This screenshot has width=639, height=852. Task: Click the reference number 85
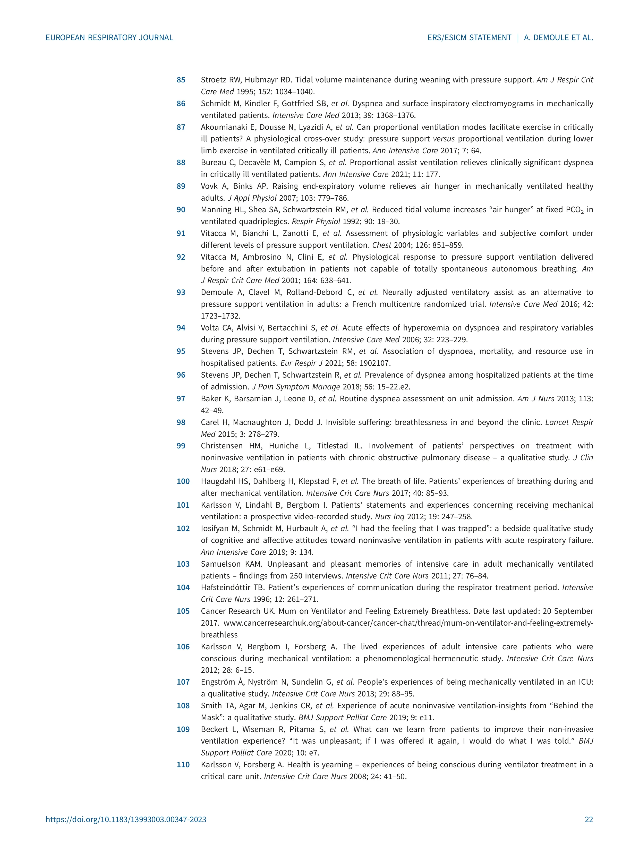point(181,80)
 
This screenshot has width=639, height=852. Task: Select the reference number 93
point(181,292)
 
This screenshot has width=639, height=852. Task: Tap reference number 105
point(183,611)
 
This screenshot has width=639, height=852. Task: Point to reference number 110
point(183,765)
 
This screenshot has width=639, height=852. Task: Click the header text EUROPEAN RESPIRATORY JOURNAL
point(109,38)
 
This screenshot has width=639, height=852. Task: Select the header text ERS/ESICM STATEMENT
point(469,38)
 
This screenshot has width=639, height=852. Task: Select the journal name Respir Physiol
point(316,222)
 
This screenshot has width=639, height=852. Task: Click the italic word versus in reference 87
point(444,139)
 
